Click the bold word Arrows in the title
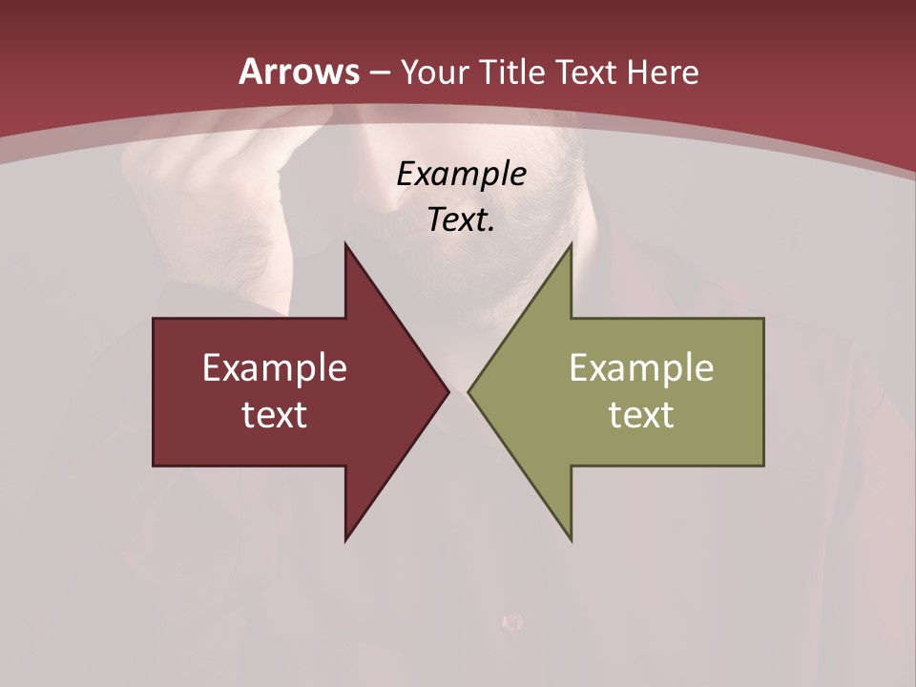tap(299, 72)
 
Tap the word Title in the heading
tap(512, 72)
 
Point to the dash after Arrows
tap(379, 73)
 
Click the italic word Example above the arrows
tap(461, 174)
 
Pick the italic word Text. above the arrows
tap(461, 220)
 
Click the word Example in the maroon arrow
tap(274, 367)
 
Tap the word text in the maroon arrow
tap(274, 414)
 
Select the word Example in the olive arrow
tap(641, 367)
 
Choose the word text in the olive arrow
tap(641, 414)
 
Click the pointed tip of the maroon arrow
tap(447, 391)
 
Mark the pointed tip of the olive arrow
tap(470, 391)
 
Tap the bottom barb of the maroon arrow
tap(347, 534)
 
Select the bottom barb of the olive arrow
tap(569, 534)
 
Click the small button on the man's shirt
tap(512, 622)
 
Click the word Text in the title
tap(587, 72)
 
